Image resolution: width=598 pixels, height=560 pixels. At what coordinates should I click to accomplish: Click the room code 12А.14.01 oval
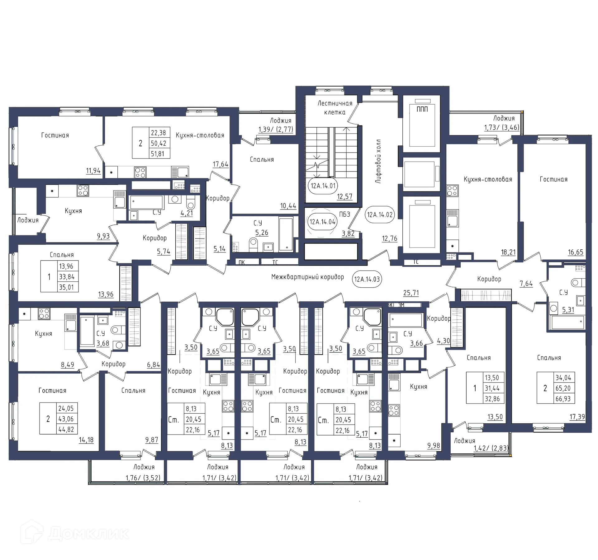[323, 186]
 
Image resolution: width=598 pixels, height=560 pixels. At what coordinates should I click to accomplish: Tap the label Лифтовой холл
[378, 161]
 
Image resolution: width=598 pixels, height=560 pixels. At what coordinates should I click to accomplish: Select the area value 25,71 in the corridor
[411, 293]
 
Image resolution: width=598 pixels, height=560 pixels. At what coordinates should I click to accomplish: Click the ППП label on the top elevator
[422, 109]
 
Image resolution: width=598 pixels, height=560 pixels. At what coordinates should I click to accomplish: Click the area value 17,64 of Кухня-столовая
[220, 164]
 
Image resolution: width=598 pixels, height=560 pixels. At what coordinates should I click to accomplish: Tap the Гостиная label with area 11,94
[55, 135]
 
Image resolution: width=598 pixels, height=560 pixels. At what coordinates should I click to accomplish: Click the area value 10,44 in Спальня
[288, 206]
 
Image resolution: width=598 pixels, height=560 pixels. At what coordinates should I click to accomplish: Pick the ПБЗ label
[344, 214]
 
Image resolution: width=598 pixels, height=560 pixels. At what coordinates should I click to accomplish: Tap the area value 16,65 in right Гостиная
[575, 252]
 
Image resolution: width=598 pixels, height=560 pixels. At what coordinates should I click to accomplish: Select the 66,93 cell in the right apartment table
[563, 399]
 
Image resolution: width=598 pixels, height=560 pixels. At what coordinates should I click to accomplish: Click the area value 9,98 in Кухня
[434, 446]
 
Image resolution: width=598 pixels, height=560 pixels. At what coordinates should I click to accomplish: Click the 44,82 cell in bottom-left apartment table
[66, 429]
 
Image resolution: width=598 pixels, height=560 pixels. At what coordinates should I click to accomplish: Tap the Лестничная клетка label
[335, 108]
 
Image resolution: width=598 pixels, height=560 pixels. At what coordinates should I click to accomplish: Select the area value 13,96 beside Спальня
[106, 294]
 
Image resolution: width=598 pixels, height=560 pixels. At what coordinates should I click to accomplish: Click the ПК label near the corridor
[242, 262]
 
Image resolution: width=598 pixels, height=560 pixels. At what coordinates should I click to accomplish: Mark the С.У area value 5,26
[262, 233]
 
